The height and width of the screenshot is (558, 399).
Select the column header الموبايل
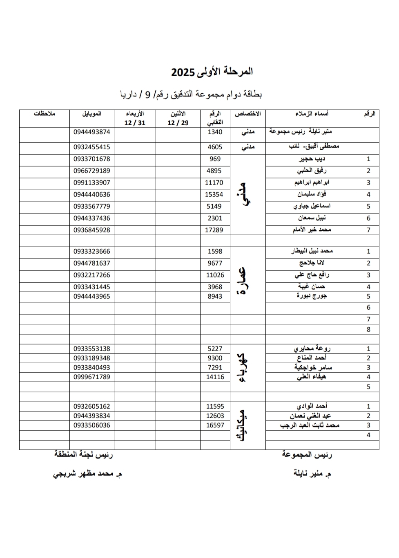click(x=92, y=114)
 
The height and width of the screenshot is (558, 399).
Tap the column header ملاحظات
click(x=44, y=114)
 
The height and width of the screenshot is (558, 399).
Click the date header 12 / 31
click(x=135, y=123)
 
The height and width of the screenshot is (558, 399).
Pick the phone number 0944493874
click(x=92, y=132)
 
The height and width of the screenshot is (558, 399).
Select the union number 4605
click(x=215, y=147)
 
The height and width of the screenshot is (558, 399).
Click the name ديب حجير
click(x=312, y=159)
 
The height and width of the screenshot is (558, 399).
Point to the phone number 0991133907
click(x=92, y=183)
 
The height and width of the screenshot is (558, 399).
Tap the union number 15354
click(x=214, y=195)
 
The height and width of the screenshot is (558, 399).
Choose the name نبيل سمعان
click(x=312, y=218)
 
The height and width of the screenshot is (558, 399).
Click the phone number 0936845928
click(x=92, y=230)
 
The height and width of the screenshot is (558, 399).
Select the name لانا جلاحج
click(x=312, y=263)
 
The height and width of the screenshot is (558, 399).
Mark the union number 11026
click(x=215, y=275)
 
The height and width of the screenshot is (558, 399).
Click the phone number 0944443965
click(x=92, y=296)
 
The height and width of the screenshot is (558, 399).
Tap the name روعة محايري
click(x=312, y=349)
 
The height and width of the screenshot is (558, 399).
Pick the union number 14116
click(x=215, y=377)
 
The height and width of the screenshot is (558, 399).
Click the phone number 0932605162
click(x=92, y=407)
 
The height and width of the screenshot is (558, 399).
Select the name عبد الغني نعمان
click(x=310, y=416)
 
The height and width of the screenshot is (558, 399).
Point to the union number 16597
click(x=215, y=425)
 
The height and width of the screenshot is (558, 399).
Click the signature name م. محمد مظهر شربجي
click(x=87, y=474)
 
